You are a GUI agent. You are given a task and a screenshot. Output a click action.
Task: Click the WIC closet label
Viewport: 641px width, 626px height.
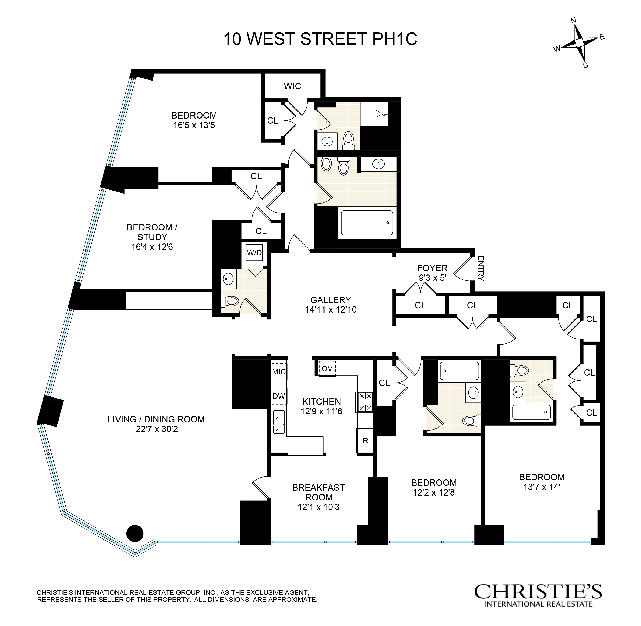click(x=292, y=86)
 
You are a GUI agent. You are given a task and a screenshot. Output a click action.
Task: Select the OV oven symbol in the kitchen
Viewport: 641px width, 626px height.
click(x=327, y=369)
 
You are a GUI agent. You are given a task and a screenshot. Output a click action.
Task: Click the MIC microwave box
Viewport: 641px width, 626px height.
click(x=279, y=372)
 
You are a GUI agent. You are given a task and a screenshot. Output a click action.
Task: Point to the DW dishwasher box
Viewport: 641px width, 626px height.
click(x=279, y=396)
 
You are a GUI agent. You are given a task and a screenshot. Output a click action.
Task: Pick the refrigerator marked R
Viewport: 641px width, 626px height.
click(x=365, y=441)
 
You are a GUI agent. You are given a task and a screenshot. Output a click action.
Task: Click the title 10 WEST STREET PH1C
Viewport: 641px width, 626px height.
click(x=320, y=39)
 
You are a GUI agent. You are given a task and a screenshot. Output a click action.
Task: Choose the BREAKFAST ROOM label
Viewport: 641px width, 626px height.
click(x=318, y=492)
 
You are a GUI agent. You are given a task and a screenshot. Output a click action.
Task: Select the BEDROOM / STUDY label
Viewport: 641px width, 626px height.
click(x=152, y=232)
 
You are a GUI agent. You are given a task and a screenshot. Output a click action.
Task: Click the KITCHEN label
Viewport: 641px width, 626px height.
click(x=321, y=402)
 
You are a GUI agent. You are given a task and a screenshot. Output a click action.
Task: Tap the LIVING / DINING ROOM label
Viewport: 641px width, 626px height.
click(x=156, y=419)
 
